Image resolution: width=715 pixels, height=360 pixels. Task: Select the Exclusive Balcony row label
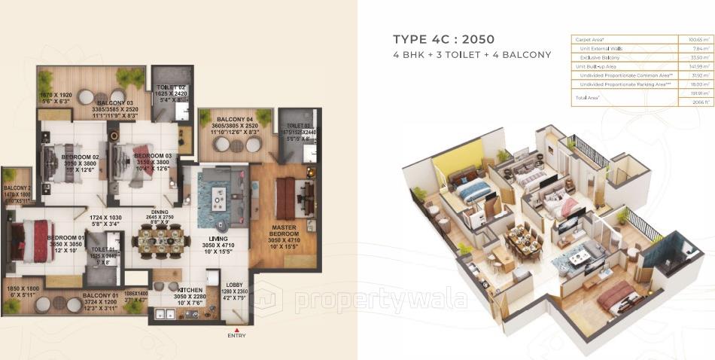coord(600,57)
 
